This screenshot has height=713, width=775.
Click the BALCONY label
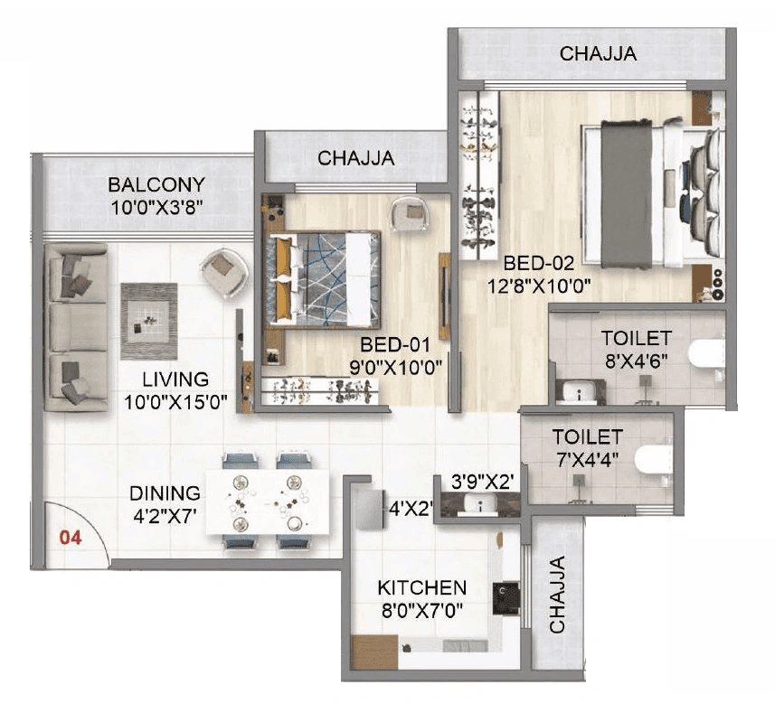(x=156, y=184)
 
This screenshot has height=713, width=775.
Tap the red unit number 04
(x=71, y=538)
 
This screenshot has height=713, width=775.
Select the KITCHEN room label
(x=422, y=587)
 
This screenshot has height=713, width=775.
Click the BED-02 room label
(x=539, y=264)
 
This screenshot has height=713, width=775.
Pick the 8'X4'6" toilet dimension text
(x=637, y=361)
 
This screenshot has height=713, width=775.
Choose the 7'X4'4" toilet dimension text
(x=588, y=457)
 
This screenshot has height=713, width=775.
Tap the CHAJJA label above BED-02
(x=598, y=54)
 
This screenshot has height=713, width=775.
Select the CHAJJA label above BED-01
(x=356, y=158)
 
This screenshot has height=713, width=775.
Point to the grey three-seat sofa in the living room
(x=75, y=326)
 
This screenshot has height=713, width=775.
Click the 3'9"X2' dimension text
(x=483, y=483)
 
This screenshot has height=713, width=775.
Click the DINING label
(x=165, y=493)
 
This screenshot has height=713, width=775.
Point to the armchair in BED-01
(x=411, y=215)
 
